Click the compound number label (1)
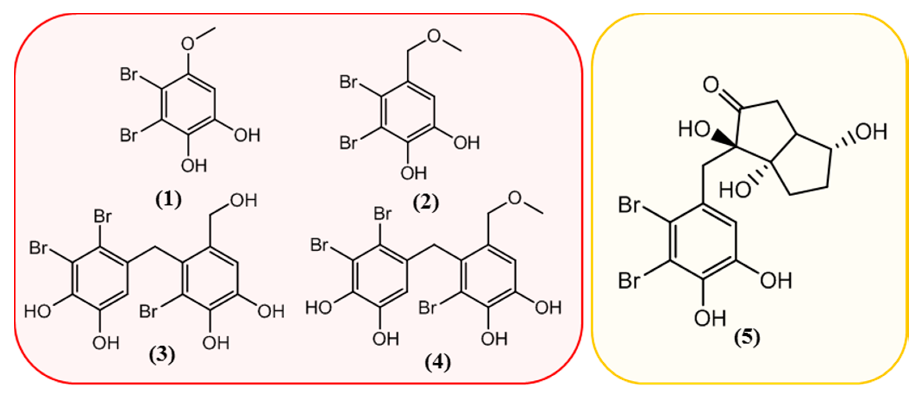[169, 200]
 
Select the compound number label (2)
[426, 203]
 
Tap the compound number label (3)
[162, 355]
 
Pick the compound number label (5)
[747, 338]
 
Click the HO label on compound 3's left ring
[37, 311]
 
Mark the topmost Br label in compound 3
[103, 216]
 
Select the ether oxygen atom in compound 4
[515, 198]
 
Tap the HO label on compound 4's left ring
[318, 308]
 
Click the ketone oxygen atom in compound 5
[711, 85]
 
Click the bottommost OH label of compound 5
[710, 318]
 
